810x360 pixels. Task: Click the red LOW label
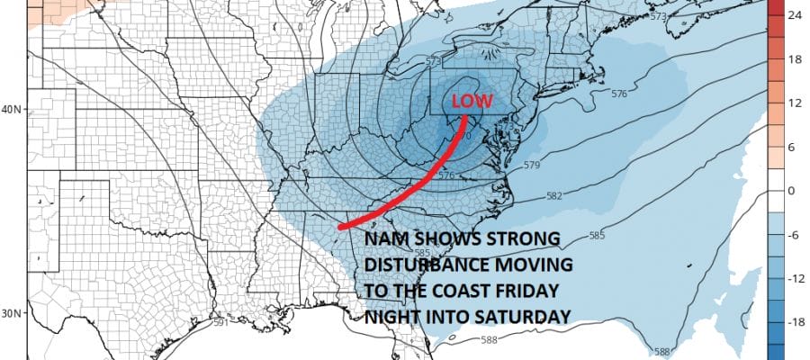[472, 102]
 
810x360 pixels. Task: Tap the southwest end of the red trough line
[340, 228]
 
